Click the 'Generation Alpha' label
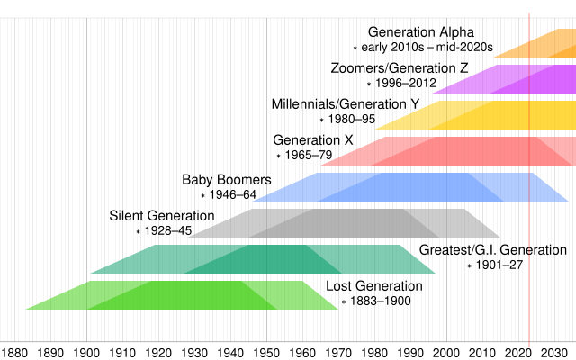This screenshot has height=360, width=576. [x=420, y=32]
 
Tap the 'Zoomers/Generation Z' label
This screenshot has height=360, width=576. [x=399, y=67]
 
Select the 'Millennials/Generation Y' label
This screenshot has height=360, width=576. [x=346, y=103]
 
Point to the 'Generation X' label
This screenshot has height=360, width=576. [x=312, y=140]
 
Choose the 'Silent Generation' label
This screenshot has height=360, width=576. [x=162, y=216]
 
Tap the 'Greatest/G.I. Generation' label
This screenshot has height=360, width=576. [x=493, y=250]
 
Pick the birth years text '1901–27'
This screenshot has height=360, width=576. [x=499, y=265]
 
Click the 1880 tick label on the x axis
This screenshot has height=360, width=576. [x=14, y=352]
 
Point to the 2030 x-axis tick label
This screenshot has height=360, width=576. [x=554, y=352]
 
